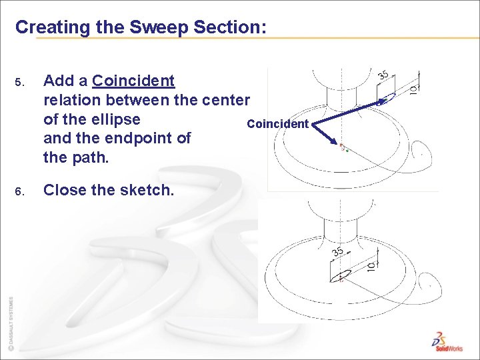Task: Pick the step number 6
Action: [x=19, y=192]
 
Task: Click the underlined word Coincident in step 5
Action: [x=133, y=81]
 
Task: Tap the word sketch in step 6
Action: [x=146, y=190]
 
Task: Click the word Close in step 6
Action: [x=65, y=190]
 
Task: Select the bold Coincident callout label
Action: [x=277, y=124]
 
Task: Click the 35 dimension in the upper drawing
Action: [x=383, y=75]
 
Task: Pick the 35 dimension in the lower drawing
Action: [x=338, y=251]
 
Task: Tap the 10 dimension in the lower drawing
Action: [x=371, y=264]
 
